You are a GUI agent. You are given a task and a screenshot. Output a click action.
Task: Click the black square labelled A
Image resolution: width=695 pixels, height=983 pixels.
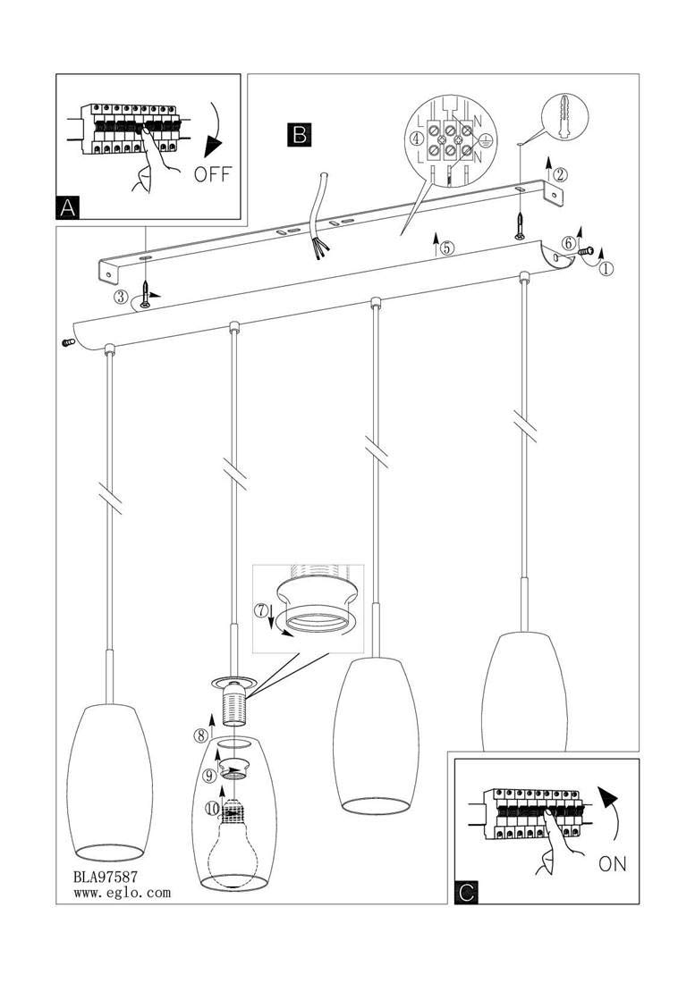point(67,207)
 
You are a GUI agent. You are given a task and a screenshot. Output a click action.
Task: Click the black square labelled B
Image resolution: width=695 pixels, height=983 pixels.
point(300,134)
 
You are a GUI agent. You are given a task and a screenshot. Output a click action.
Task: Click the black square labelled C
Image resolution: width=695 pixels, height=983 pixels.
point(466,893)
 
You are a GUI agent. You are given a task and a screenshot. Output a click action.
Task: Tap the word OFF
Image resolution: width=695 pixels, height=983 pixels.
point(213,173)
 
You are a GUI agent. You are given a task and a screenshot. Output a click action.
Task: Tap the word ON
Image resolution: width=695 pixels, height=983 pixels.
point(612,864)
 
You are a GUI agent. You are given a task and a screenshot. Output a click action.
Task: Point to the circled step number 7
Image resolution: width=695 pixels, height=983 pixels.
point(261,609)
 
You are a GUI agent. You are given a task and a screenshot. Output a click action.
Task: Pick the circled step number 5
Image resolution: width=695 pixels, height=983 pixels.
point(446,248)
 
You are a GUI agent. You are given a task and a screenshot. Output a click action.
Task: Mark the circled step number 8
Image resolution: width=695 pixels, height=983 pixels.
point(200,734)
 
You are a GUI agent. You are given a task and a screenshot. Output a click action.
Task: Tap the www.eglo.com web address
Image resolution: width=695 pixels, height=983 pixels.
point(122,893)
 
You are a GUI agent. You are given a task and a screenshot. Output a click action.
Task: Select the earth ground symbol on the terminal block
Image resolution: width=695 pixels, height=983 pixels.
point(484,143)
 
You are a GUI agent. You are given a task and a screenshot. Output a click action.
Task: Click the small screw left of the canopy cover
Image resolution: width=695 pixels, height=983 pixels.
point(67,342)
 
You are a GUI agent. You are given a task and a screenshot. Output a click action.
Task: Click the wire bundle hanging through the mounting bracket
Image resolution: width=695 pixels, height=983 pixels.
point(319,214)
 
